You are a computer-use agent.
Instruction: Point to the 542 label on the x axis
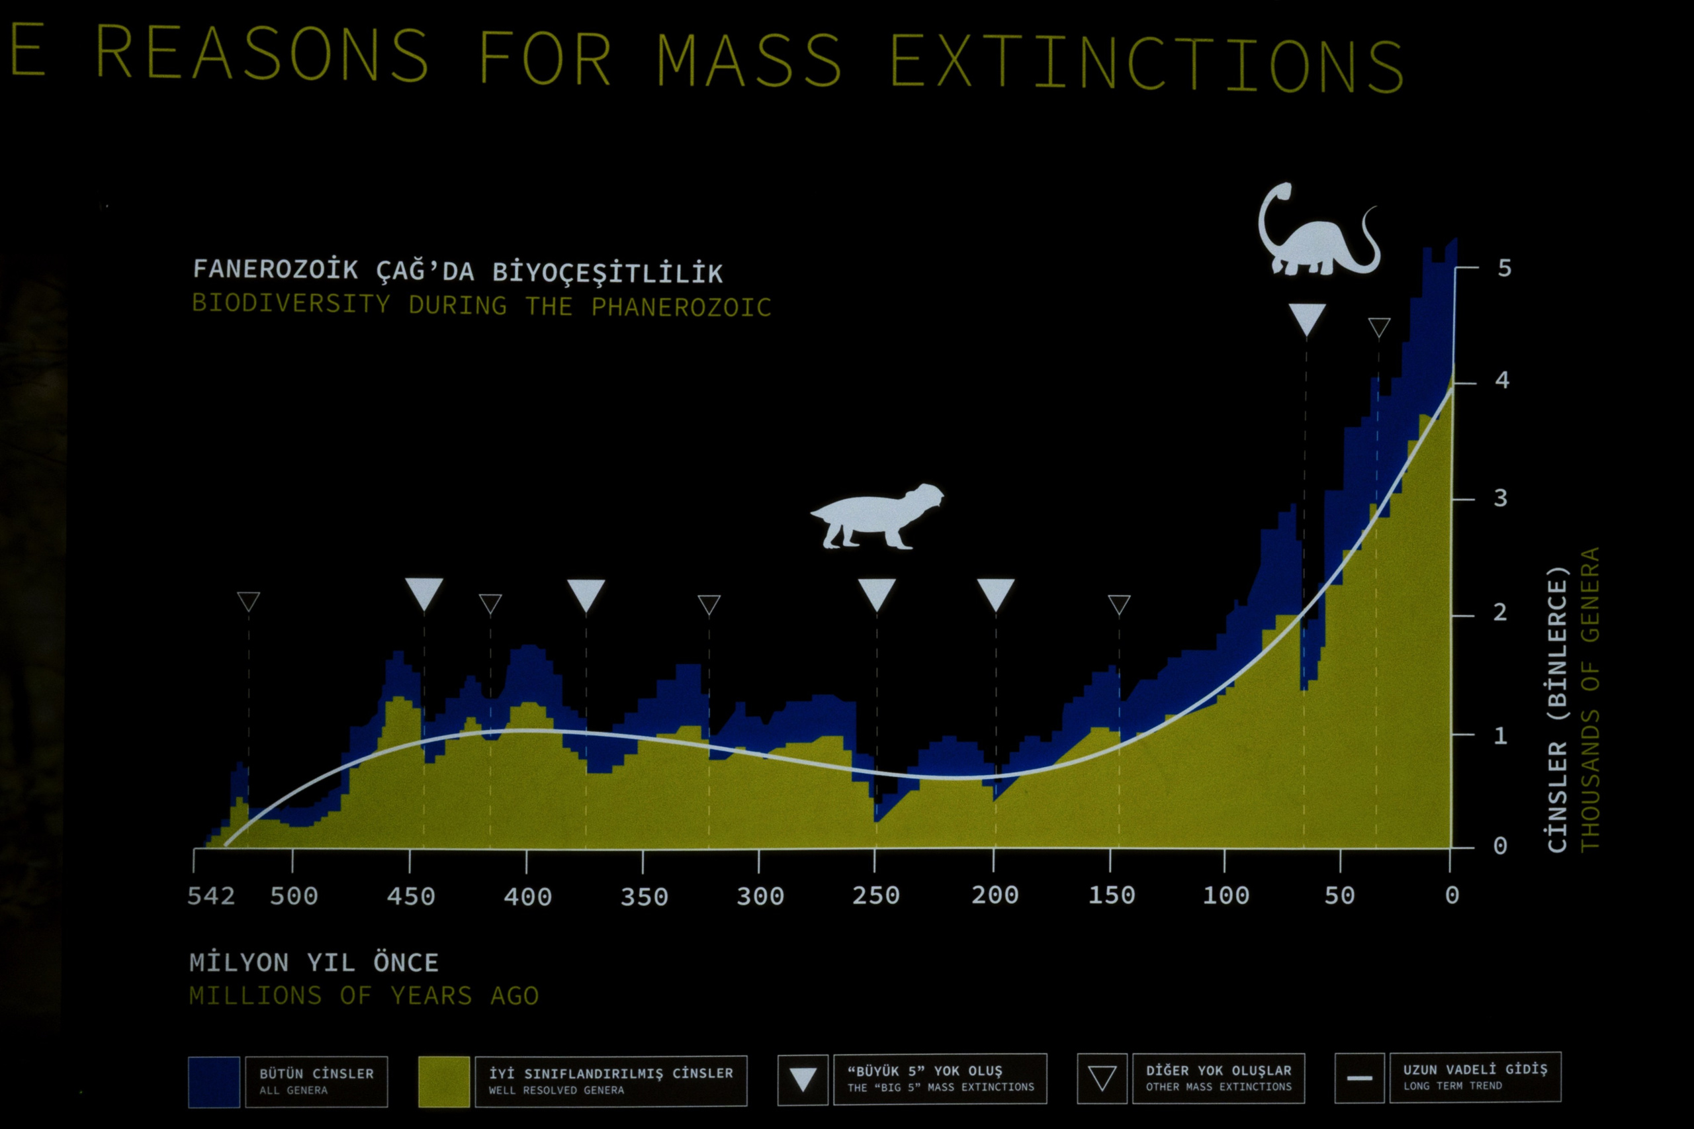[211, 895]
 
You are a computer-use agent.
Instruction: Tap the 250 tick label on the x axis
[875, 895]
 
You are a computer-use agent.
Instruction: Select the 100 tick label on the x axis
[1226, 895]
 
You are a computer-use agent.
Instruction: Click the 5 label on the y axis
[1504, 269]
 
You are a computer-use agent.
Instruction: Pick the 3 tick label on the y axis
[1500, 498]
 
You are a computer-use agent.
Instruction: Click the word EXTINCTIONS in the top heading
[1147, 63]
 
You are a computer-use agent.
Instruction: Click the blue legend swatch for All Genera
[214, 1081]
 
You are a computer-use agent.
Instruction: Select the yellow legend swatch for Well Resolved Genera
[443, 1081]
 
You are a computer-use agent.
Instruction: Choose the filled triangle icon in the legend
[803, 1079]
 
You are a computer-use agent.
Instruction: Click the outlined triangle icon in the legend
[1102, 1079]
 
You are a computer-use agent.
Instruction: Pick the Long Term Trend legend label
[1474, 1077]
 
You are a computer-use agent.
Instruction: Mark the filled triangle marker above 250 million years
[876, 594]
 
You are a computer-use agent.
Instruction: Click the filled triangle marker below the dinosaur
[1307, 318]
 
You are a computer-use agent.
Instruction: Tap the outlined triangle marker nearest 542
[248, 600]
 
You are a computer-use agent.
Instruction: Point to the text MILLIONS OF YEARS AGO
[363, 996]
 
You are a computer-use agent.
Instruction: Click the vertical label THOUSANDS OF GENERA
[1589, 699]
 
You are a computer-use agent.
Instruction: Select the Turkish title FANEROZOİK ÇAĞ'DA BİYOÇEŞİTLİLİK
[457, 271]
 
